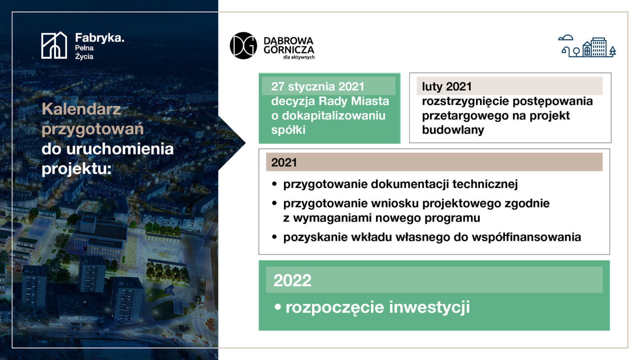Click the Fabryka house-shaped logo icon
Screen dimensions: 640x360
pos(54,45)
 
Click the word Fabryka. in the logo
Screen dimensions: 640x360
pos(100,38)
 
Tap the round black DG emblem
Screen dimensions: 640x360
pos(244,46)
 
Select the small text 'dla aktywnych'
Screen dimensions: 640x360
pos(299,57)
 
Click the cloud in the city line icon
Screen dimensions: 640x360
pos(566,38)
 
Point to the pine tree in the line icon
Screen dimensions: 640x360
pos(612,52)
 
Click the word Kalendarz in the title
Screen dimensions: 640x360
pos(81,109)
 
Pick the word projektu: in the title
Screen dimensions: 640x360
pos(76,168)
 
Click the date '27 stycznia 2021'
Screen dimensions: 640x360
pos(318,86)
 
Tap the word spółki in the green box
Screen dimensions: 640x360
pos(288,130)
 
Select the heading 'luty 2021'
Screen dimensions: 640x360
pos(447,86)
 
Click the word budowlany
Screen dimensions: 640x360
pos(453,130)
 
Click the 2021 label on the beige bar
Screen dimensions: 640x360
pos(284,162)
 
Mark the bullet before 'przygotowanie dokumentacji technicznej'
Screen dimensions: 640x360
pos(274,184)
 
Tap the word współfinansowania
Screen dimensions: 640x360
pos(526,237)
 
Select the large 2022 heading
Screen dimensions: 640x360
pos(292,280)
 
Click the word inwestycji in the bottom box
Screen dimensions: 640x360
pos(429,307)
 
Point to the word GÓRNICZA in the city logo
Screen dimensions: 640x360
pos(289,50)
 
